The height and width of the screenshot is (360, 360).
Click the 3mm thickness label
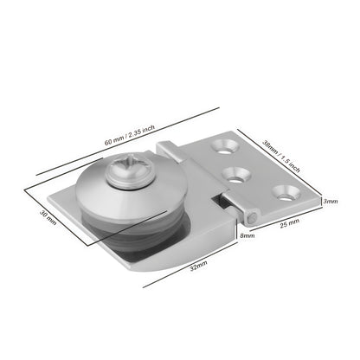coord(330,202)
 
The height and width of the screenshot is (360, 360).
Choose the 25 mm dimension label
coord(289,223)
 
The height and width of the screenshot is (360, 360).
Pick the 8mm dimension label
coord(247,235)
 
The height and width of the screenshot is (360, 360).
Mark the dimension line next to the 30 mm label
coord(59,221)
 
